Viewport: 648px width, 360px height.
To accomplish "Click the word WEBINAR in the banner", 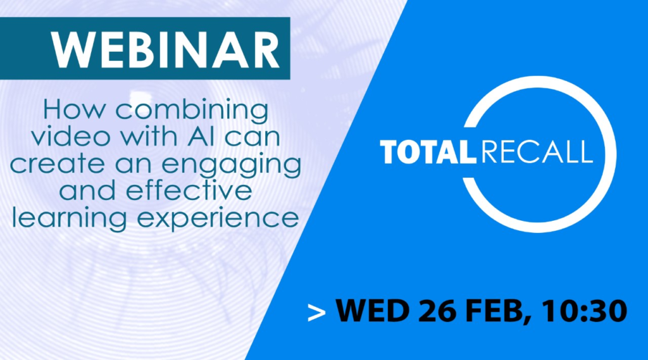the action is (x=165, y=49).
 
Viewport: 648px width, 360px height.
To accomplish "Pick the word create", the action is (x=56, y=164).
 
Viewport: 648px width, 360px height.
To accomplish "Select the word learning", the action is (x=69, y=218).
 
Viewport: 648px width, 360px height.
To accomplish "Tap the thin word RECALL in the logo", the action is (x=537, y=152).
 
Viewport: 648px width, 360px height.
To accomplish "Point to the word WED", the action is (x=372, y=311).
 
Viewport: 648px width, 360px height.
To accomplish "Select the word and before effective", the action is (x=87, y=191).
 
